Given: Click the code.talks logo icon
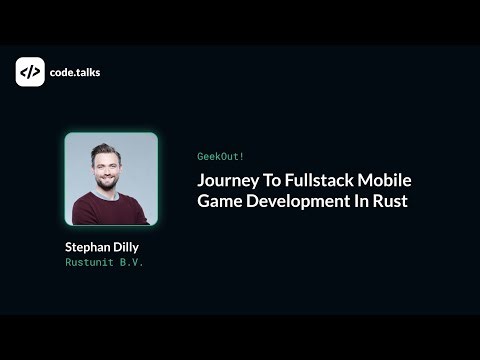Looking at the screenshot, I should (30, 72).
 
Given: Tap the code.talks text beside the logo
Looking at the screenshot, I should (75, 72).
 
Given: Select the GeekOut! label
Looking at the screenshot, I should (219, 157).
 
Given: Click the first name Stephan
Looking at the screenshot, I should (88, 245).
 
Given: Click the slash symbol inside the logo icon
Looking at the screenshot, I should (30, 72).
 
